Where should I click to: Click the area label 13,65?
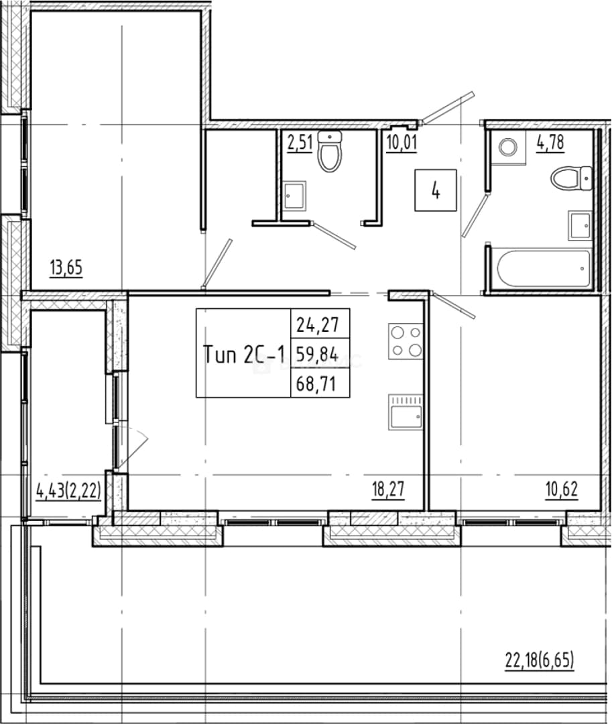tap(66, 267)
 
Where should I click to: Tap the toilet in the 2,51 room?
tap(330, 152)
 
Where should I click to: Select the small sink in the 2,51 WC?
tap(294, 196)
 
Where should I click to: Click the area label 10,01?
tap(402, 143)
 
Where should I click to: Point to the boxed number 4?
tap(435, 190)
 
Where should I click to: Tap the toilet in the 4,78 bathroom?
tap(572, 178)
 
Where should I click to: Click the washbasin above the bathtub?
tap(580, 225)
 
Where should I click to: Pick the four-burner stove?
tap(406, 341)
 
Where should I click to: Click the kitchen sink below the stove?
tap(406, 412)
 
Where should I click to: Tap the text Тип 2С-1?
tap(244, 355)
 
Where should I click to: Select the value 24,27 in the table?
tap(318, 324)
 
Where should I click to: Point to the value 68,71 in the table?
tap(316, 383)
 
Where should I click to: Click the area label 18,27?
tap(388, 489)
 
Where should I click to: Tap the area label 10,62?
tap(562, 489)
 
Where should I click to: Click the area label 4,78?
tap(550, 143)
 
